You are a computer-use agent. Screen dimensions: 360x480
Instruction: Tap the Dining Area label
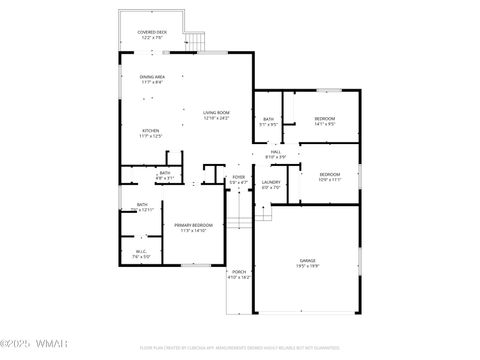(x=152, y=78)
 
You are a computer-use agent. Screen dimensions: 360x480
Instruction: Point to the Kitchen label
(x=150, y=133)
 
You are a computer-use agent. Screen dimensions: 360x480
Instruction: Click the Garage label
(x=306, y=263)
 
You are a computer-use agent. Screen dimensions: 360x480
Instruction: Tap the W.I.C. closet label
(x=142, y=254)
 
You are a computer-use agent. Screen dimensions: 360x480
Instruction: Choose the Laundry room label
(x=271, y=185)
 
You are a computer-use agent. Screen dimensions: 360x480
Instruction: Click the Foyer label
(x=238, y=181)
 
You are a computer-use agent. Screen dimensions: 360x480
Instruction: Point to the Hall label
(x=276, y=155)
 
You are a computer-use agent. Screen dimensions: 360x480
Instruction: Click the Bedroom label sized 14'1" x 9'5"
(x=324, y=121)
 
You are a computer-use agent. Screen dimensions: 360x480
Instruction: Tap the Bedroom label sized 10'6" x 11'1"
(x=329, y=177)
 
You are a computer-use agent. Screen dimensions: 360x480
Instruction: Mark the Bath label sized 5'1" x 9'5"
(x=265, y=121)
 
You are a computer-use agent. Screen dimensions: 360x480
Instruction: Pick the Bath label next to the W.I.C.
(x=143, y=207)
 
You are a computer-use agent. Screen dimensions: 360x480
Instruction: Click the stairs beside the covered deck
(x=197, y=41)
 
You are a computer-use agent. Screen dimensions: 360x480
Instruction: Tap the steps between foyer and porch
(x=238, y=222)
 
